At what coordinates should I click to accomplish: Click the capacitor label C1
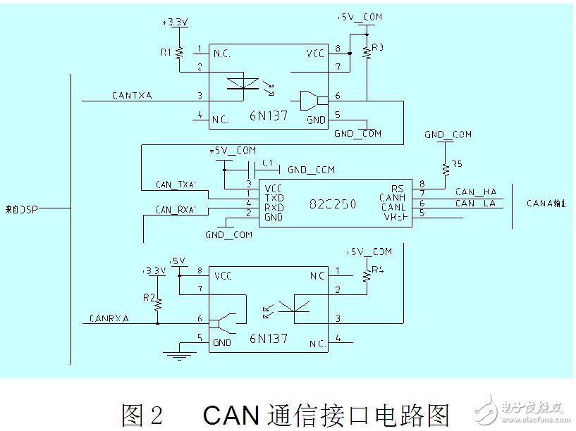coord(267,162)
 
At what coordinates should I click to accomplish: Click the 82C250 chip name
coord(333,204)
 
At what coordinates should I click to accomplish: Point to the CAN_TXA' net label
coord(178,185)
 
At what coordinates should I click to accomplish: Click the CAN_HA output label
coord(476,192)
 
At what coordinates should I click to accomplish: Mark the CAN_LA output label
coord(476,204)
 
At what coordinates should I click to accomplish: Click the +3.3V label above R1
coord(175,23)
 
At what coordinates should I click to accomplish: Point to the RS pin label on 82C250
coord(397,188)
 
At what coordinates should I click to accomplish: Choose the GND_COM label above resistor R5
coord(448,135)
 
